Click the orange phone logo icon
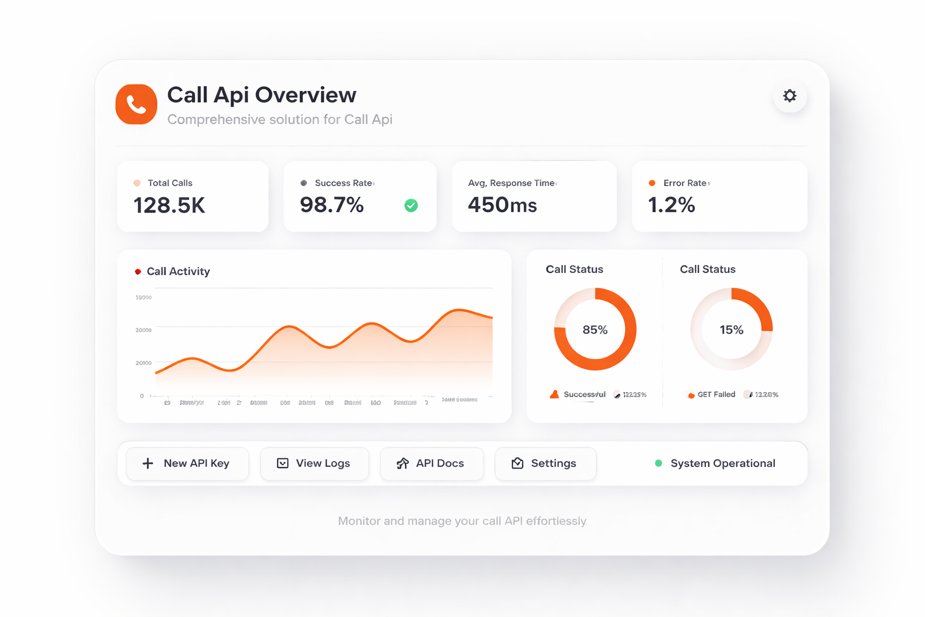click(136, 104)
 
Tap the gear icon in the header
click(790, 96)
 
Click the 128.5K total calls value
click(169, 205)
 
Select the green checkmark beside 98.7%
click(411, 205)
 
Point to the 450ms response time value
click(502, 205)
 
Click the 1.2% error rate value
click(671, 205)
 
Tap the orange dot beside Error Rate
click(652, 183)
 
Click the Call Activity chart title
click(178, 272)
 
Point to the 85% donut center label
click(595, 330)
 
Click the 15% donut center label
click(731, 330)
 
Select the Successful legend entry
click(578, 395)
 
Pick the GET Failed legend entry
click(712, 395)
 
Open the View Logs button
click(314, 463)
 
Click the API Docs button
click(431, 463)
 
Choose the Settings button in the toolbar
click(545, 463)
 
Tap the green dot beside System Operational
click(659, 463)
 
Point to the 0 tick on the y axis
click(142, 396)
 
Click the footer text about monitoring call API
click(462, 521)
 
